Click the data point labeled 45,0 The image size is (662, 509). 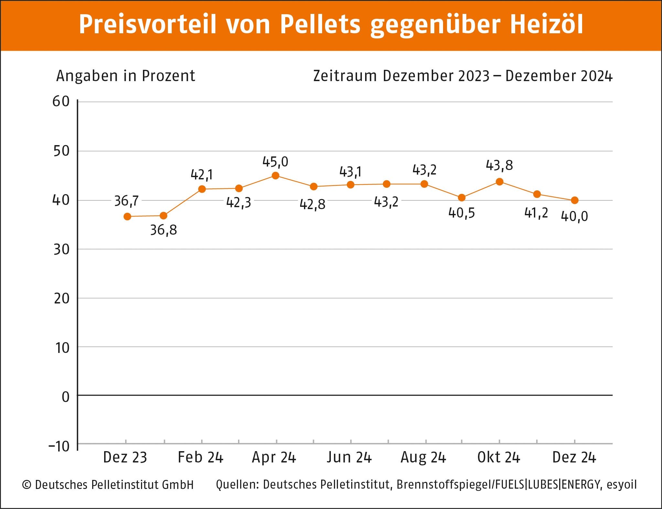[276, 176]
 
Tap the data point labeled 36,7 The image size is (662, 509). [127, 217]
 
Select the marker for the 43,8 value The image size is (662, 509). [499, 182]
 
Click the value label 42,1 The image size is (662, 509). [201, 175]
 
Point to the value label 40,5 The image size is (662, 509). [461, 213]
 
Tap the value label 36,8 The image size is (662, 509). [164, 230]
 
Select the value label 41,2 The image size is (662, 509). [536, 213]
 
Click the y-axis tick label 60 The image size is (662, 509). [61, 101]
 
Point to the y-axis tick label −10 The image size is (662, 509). [59, 446]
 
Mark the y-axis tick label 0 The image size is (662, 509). [66, 397]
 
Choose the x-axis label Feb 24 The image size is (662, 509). [201, 457]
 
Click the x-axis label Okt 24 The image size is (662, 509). [498, 457]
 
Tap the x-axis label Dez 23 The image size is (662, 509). [125, 457]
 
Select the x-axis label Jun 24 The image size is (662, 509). [349, 457]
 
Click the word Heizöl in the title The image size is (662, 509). [547, 24]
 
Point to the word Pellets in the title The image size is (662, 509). [320, 24]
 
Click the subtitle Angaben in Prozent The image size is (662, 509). [125, 76]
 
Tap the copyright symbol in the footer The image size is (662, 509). [27, 485]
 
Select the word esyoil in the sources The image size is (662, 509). [622, 484]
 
